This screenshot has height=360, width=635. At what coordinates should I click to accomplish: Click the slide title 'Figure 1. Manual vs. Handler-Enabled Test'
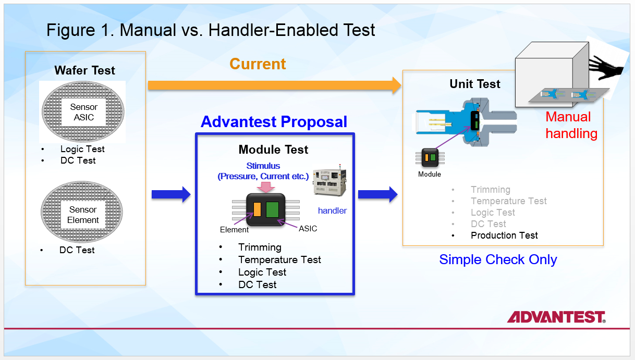pos(211,30)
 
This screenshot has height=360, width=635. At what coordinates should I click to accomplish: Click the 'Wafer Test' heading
pos(85,70)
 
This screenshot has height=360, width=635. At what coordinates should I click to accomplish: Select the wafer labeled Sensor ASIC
pos(83,111)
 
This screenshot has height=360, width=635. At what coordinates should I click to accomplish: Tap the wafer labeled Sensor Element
pos(83,214)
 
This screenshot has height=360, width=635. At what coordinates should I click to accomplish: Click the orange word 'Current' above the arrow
pos(258,64)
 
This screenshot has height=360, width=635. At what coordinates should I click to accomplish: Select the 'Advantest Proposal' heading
pos(274,122)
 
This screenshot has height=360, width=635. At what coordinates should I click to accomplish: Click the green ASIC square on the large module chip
pos(272,209)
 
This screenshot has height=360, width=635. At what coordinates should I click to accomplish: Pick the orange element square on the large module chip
pos(257,209)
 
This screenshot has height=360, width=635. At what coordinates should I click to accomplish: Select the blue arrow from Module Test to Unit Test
pos(377,195)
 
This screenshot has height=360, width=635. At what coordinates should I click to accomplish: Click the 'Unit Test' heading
pos(474,84)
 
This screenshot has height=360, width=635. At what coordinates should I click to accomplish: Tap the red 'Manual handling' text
pos(571,125)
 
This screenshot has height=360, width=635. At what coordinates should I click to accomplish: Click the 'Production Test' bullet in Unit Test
pos(504,235)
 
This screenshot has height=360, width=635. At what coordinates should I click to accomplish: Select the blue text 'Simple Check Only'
pos(498,259)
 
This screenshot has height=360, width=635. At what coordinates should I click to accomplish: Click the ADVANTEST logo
pos(556,317)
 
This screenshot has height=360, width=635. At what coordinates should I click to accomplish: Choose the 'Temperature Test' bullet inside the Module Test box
pos(279,259)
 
